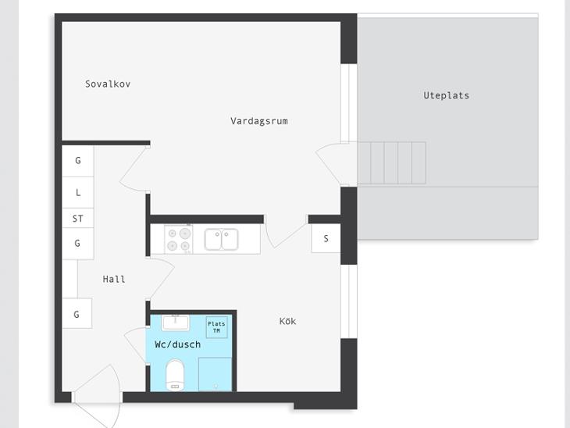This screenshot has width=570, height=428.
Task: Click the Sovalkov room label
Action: pos(108,84)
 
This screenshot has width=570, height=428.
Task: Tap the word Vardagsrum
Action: pos(258,121)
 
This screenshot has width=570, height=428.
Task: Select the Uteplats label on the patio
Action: pos(446,95)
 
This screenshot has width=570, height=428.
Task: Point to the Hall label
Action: pos(114,280)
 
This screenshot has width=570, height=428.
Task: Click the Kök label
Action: pos(287,321)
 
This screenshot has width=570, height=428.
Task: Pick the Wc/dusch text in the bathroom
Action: pos(177,344)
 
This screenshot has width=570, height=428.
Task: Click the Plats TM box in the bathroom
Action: pos(216,327)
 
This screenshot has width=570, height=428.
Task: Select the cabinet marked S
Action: pos(326,238)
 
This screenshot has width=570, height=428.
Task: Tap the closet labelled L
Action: pos(78,192)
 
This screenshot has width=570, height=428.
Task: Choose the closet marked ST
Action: pos(78,218)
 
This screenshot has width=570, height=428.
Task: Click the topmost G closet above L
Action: pos(78,161)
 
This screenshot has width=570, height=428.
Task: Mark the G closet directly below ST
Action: pos(78,244)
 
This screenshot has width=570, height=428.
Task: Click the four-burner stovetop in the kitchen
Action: pos(179,239)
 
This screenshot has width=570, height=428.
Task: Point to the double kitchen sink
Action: pos(221,239)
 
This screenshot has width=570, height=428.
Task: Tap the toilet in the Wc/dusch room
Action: pos(175,375)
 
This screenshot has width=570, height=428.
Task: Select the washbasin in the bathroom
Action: pos(175,323)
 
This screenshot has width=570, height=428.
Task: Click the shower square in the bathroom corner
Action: pos(215,374)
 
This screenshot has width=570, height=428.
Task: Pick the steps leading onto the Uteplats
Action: pos(391,163)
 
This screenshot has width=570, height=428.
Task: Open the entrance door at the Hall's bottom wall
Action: pos(97,396)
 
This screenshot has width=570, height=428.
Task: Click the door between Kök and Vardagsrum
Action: pos(286,231)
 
